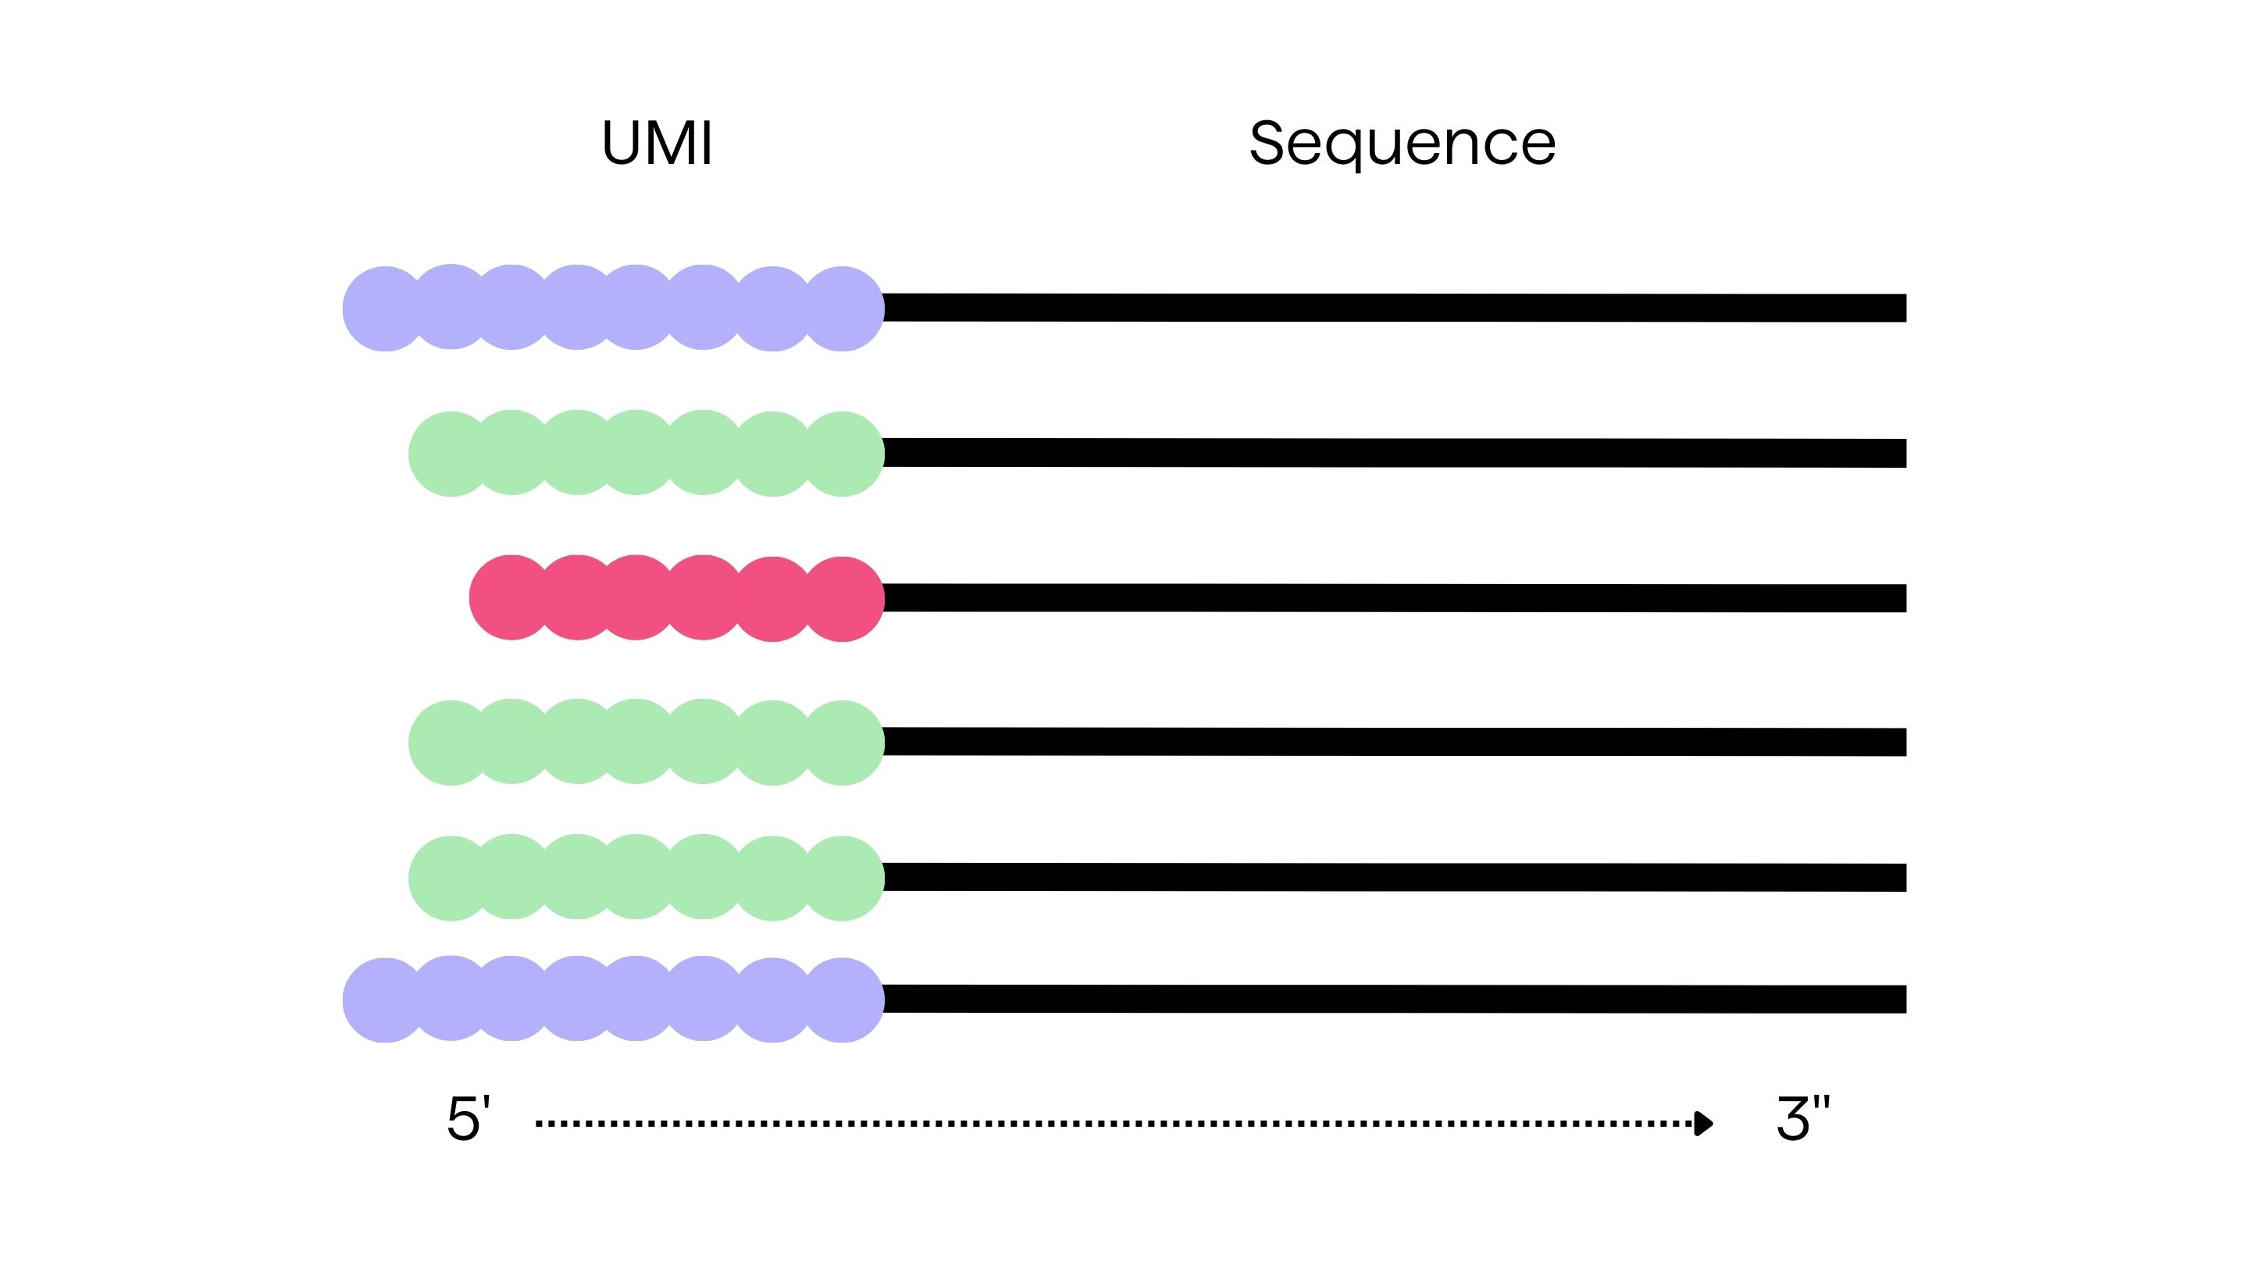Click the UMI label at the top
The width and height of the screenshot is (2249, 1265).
tap(658, 142)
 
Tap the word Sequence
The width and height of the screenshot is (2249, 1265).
tap(1403, 144)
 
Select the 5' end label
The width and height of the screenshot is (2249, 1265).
tap(468, 1118)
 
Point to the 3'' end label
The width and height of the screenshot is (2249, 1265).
tap(1802, 1118)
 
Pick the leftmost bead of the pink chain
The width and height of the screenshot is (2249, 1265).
tap(511, 598)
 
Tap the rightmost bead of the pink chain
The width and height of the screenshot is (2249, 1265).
tap(843, 599)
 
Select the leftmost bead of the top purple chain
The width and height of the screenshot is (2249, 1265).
tap(384, 308)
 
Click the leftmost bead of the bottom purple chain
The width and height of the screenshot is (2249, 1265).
tap(384, 1000)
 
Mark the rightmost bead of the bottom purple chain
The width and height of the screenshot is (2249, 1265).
tap(843, 1000)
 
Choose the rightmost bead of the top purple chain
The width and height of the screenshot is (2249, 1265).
tap(843, 308)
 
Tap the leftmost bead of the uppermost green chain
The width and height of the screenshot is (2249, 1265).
tap(451, 453)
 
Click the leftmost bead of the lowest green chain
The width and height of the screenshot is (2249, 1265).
tap(451, 878)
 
